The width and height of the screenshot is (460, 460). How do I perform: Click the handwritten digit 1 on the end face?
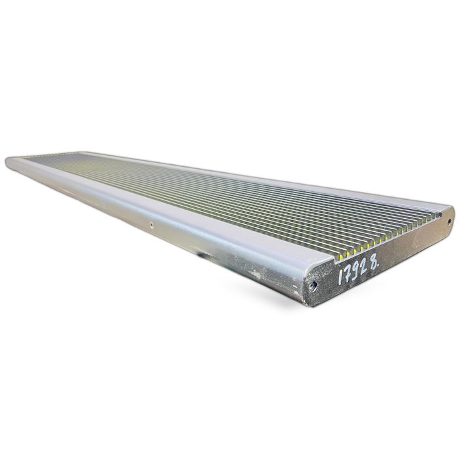(x=341, y=277)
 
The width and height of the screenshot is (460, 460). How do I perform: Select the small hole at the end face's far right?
(x=449, y=222)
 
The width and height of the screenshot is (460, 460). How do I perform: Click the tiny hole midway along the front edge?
(x=151, y=225)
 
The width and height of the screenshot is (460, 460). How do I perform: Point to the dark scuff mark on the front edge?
(x=202, y=253)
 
